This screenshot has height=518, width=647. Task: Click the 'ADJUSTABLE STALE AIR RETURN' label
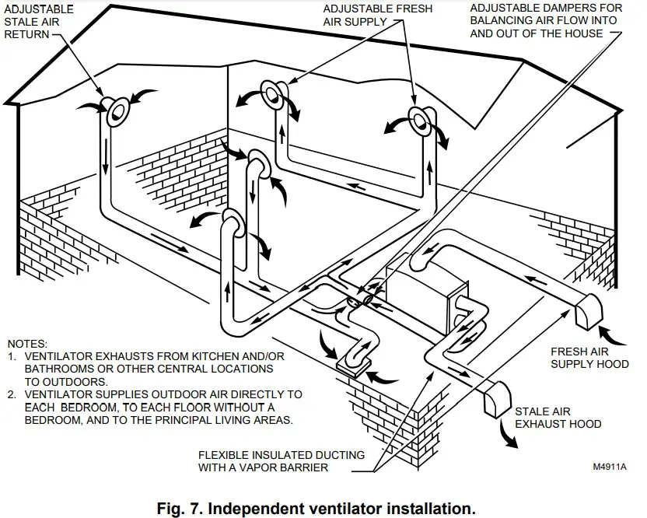pyautogui.click(x=40, y=22)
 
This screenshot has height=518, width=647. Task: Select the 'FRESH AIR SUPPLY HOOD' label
pyautogui.click(x=589, y=357)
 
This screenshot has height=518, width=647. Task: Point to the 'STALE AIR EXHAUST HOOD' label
pyautogui.click(x=558, y=418)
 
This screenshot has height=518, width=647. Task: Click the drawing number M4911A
pyautogui.click(x=609, y=467)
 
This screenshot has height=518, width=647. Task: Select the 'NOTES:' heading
pyautogui.click(x=28, y=343)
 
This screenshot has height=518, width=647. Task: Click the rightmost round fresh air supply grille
pyautogui.click(x=419, y=120)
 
